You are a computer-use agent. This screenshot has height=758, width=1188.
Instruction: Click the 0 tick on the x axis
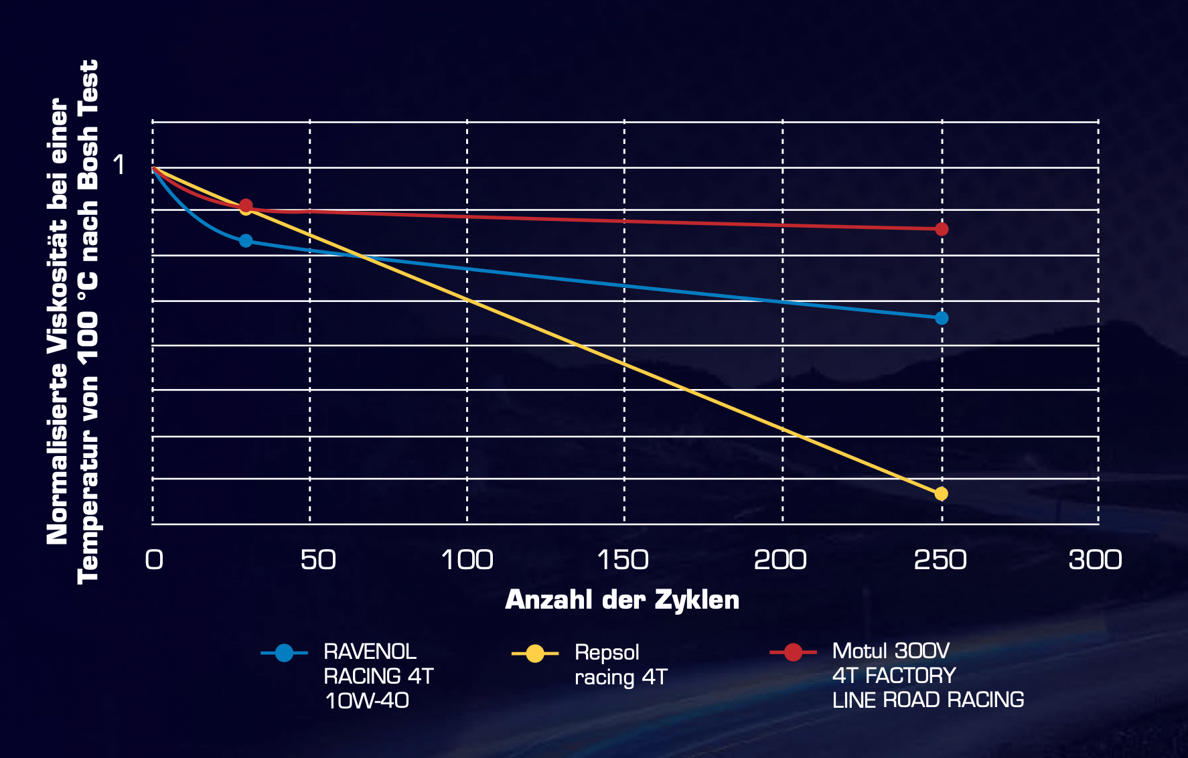pyautogui.click(x=154, y=560)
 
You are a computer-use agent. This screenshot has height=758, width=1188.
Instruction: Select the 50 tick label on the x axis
pyautogui.click(x=318, y=560)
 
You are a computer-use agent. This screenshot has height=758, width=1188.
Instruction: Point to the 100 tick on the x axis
pyautogui.click(x=467, y=560)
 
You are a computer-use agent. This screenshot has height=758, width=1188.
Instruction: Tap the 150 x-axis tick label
pyautogui.click(x=623, y=560)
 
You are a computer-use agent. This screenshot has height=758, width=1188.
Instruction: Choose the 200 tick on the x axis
pyautogui.click(x=780, y=560)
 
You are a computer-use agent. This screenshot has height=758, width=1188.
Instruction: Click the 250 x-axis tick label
pyautogui.click(x=940, y=560)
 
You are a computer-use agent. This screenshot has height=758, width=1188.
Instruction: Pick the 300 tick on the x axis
pyautogui.click(x=1095, y=560)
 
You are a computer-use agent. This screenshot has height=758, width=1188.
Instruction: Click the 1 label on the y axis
pyautogui.click(x=119, y=165)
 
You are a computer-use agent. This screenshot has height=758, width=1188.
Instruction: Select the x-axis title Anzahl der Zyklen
pyautogui.click(x=622, y=600)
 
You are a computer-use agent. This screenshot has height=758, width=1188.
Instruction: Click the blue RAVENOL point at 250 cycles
pyautogui.click(x=942, y=318)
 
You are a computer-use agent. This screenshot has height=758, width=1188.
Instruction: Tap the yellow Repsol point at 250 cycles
pyautogui.click(x=941, y=494)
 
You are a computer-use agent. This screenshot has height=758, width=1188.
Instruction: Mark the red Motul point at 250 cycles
pyautogui.click(x=942, y=229)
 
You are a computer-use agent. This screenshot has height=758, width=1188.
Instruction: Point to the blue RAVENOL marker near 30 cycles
pyautogui.click(x=246, y=240)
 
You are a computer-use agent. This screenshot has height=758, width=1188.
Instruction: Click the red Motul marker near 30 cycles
pyautogui.click(x=246, y=205)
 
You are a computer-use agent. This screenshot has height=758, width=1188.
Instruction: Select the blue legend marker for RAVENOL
pyautogui.click(x=284, y=653)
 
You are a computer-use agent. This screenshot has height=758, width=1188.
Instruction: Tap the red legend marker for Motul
pyautogui.click(x=793, y=652)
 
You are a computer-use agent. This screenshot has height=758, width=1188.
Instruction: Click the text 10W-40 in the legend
pyautogui.click(x=367, y=700)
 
